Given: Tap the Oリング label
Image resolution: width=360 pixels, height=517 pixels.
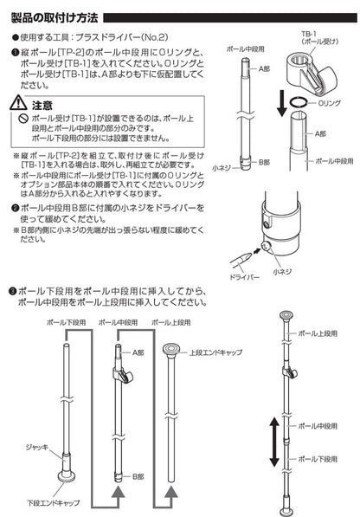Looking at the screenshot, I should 327,100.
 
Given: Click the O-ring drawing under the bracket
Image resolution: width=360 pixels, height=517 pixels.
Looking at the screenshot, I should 297,101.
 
